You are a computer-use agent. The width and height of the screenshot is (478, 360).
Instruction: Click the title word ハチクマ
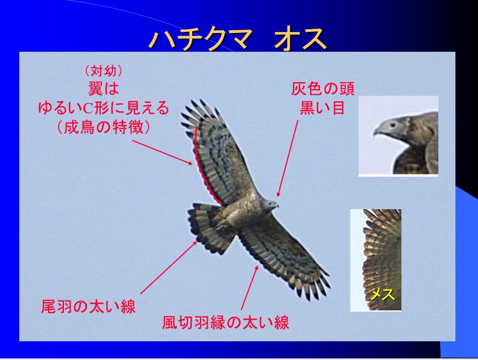[x=202, y=39]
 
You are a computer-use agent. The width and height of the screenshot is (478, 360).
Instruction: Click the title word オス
[x=300, y=39]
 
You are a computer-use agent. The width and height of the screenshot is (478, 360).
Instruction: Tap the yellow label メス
[x=382, y=294]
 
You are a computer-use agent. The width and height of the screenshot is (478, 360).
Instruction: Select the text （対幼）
[x=104, y=71]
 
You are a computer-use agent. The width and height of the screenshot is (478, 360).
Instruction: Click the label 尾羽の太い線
[x=89, y=307]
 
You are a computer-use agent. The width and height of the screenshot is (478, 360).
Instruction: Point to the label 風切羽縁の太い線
[x=226, y=323]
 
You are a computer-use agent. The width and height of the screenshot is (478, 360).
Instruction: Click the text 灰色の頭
[x=323, y=89]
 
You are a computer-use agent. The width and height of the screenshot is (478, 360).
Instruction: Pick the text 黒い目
[x=323, y=107]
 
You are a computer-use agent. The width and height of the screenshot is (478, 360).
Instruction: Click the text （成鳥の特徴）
[x=104, y=127]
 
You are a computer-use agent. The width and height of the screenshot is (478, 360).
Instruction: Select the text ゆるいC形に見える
[x=104, y=107]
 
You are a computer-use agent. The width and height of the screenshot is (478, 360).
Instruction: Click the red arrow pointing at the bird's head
[x=288, y=158]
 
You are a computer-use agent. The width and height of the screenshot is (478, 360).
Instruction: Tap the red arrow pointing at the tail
[x=169, y=268]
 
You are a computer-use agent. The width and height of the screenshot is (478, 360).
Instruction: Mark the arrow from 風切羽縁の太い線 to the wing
[x=249, y=288]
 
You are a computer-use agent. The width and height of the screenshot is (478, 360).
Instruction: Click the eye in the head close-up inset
[x=392, y=124]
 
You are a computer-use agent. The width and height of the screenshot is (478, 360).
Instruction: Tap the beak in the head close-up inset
[x=378, y=132]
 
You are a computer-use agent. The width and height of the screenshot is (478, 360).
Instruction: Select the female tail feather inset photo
[x=376, y=260]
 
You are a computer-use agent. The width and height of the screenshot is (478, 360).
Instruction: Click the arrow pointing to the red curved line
[x=162, y=152]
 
